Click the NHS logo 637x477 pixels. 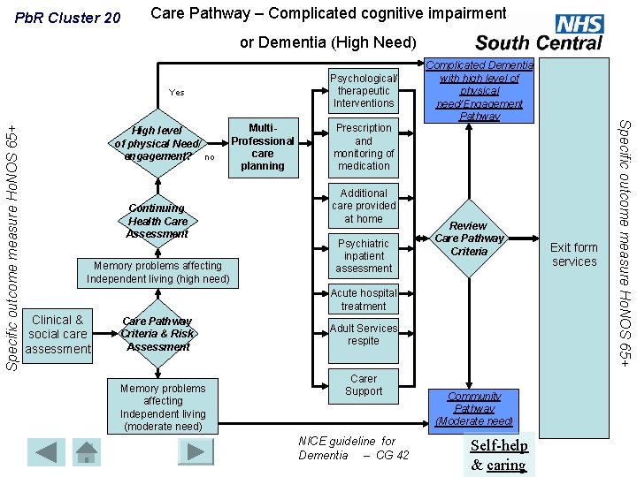coord(579,25)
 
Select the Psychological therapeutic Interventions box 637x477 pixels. coord(364,90)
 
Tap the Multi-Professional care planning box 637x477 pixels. coord(263,147)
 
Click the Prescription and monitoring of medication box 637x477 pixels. coord(364,147)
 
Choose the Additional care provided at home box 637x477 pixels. coord(364,206)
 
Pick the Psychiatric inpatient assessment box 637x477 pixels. coord(364,255)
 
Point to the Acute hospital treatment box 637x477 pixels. coord(364,299)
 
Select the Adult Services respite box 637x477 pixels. coord(364,335)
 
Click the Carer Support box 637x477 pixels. coord(364,385)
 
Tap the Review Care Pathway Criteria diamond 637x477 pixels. coord(469,238)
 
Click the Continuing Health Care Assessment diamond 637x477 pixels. coord(157,222)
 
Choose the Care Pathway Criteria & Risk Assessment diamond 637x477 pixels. coord(157,334)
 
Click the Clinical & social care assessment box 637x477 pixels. coord(58,335)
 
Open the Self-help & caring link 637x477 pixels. coord(499,456)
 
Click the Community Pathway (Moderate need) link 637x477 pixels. coord(474,409)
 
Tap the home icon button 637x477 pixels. coord(87,451)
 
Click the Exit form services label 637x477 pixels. coord(574,254)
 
